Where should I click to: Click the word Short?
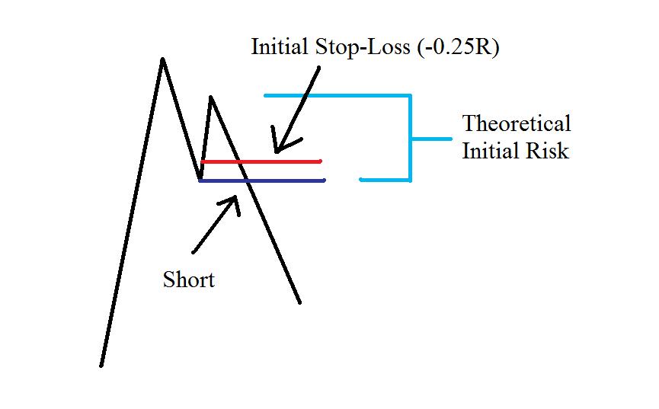point(189,279)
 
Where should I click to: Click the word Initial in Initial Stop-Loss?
point(280,46)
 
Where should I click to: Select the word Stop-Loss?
point(363,46)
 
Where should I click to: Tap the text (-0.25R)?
point(458,47)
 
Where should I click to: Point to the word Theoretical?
point(517,123)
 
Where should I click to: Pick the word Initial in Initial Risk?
point(491,151)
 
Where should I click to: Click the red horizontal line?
point(261,161)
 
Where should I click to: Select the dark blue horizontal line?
point(262,181)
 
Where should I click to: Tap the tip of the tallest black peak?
point(162,59)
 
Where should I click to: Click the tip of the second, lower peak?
point(210,97)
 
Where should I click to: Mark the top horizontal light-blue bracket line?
point(337,96)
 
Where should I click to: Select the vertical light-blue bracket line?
point(410,138)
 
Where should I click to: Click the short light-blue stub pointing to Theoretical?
point(431,139)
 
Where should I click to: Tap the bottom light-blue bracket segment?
point(385,181)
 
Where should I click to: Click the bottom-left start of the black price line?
point(101,366)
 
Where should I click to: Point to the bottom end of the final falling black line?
point(299,302)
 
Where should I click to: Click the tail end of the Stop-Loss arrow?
point(319,67)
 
